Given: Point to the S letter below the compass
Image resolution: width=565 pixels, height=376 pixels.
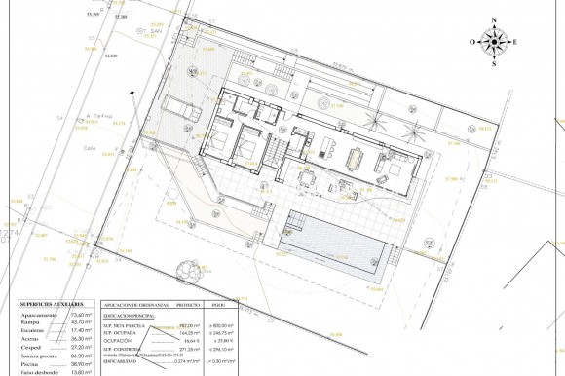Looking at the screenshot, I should [x=496, y=64].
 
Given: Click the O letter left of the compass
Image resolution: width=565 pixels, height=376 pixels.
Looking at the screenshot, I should [x=472, y=42].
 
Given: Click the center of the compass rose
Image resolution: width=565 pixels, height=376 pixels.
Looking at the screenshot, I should [x=496, y=41].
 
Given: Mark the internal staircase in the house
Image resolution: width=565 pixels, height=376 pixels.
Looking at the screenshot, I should [x=277, y=152].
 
